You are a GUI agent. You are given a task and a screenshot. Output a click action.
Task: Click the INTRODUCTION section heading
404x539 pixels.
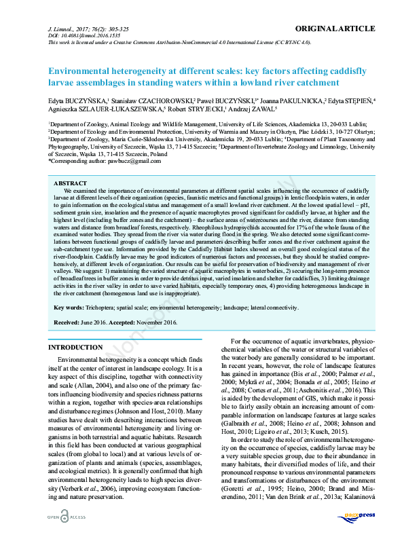click(x=75, y=347)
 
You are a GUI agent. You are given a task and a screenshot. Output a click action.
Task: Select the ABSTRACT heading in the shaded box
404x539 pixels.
click(x=70, y=183)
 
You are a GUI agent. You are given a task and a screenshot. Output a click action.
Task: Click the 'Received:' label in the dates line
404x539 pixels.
click(x=69, y=322)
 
